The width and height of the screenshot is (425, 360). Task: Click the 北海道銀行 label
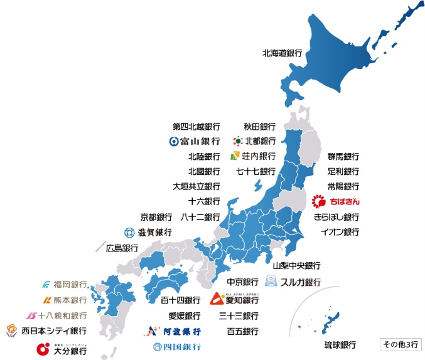coord(282,53)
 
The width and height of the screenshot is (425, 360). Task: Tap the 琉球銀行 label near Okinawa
coord(340,345)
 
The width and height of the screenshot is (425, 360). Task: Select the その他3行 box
coord(399,344)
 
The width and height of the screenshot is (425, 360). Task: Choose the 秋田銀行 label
coord(259,126)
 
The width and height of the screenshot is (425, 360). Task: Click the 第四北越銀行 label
coord(196,126)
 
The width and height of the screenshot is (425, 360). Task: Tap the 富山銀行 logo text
coord(195,141)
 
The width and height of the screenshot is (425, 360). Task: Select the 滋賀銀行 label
coord(148,233)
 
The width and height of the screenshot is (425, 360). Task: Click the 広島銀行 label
coord(117,248)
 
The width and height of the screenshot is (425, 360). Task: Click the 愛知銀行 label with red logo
coord(234,299)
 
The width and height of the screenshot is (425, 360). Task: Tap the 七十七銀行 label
coord(256,171)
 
